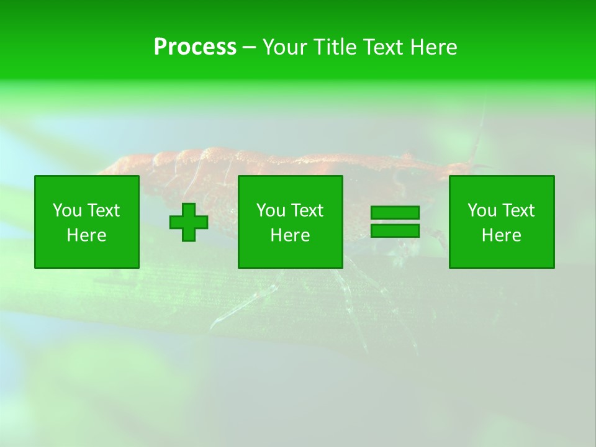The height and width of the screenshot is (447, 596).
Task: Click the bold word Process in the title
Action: point(195,47)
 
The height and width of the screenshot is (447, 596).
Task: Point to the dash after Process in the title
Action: point(249,47)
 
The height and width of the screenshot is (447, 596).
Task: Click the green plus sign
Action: point(189,222)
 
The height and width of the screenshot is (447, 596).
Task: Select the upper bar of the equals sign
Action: point(395,213)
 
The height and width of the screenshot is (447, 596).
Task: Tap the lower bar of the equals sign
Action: point(395,230)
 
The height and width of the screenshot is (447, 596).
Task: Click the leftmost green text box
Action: point(86,222)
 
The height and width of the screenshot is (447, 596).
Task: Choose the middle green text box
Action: point(290,222)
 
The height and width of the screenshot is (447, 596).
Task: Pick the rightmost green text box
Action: point(501,222)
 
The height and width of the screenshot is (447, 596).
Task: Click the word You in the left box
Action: point(67,210)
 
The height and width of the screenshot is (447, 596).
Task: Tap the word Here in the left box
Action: point(86,235)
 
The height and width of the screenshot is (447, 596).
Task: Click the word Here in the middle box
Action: point(290,235)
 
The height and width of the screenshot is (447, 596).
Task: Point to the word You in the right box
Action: point(482,210)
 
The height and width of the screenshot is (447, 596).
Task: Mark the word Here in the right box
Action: point(501,235)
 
